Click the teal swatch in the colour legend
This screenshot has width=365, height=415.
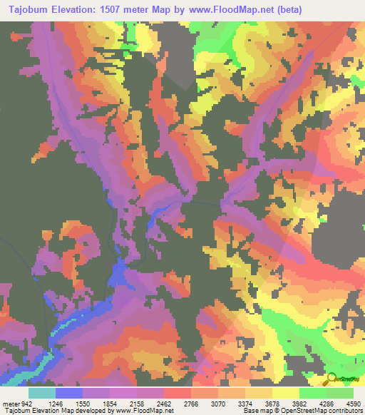point(42,394)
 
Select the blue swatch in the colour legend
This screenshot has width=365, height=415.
point(69,394)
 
